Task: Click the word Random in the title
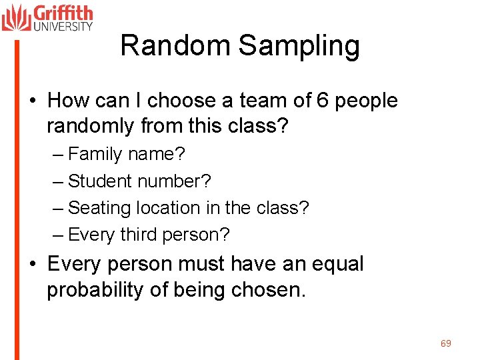pos(175,46)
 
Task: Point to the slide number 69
pos(446,343)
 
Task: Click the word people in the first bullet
pos(366,101)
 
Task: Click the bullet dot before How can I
pos(33,101)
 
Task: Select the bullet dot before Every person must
pos(33,265)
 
